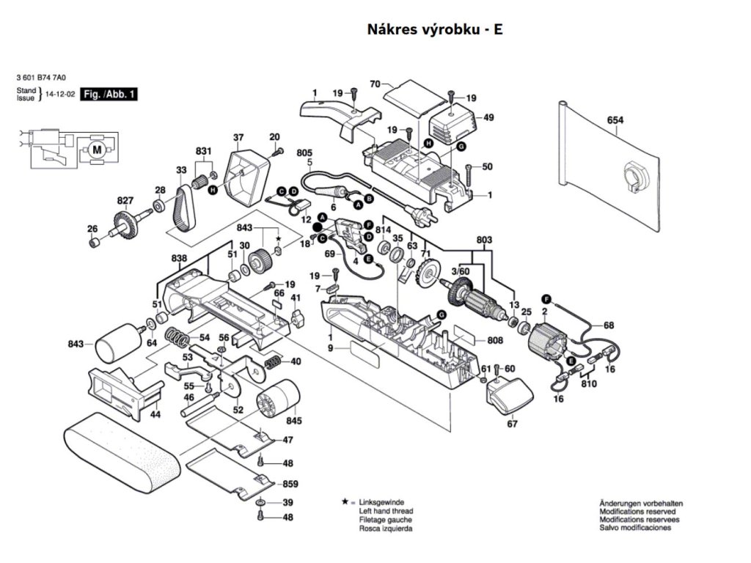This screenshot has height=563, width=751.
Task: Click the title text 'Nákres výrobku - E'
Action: coord(434,30)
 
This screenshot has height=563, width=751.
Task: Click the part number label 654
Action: coord(615,120)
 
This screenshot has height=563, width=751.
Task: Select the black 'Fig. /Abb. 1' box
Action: coord(109,95)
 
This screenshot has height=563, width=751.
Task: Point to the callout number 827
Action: coord(125,200)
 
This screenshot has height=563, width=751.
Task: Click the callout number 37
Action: coord(238,138)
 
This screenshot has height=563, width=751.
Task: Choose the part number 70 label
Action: coord(374,84)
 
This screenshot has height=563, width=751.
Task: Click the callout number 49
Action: coord(488,117)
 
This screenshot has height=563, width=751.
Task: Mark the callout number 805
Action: coord(304,152)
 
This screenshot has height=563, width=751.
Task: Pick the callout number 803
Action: coord(484,240)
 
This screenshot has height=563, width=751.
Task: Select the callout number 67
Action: coord(512,424)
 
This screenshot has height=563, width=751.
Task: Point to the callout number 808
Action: coord(495,340)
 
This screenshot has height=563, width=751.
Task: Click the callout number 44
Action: coord(155,415)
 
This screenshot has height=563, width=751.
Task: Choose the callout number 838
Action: coord(179,259)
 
